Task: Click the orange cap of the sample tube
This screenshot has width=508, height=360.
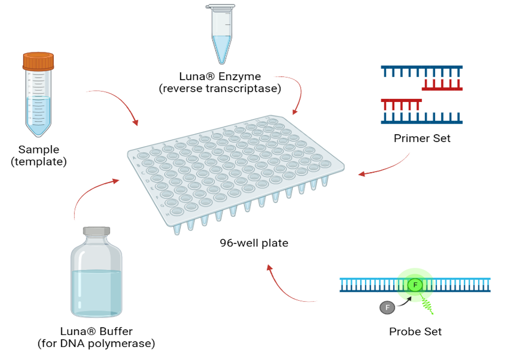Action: click(38, 61)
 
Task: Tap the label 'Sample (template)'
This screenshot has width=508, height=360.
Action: click(38, 155)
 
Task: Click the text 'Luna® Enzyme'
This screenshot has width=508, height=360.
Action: click(220, 77)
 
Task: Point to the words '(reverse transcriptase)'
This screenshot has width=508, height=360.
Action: click(220, 88)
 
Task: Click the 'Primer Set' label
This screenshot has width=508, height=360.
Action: click(422, 138)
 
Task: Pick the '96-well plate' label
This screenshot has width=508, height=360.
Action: click(254, 243)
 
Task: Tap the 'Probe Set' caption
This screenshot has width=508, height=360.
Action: click(415, 331)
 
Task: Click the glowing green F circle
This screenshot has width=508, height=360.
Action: click(415, 285)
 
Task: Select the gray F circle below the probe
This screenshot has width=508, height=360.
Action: click(387, 307)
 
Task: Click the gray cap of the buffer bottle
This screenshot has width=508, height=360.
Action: click(96, 232)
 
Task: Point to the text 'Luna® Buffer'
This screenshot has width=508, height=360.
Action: click(96, 331)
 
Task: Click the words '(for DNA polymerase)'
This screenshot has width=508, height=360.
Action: click(96, 343)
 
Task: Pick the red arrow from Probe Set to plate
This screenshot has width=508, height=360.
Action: click(285, 290)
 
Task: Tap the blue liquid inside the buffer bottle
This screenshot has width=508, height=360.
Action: click(96, 292)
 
